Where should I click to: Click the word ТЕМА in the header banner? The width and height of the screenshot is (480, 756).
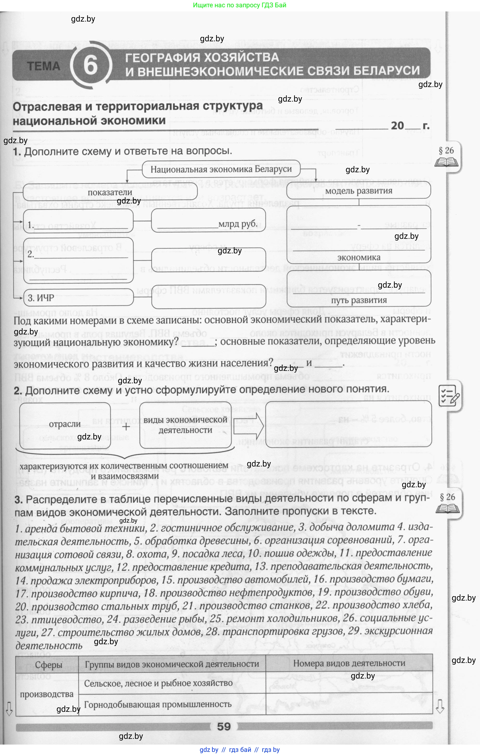click(44, 66)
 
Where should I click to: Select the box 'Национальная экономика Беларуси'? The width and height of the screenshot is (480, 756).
click(221, 169)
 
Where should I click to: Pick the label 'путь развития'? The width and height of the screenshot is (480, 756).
click(359, 300)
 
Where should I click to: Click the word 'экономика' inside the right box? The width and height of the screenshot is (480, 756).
click(359, 258)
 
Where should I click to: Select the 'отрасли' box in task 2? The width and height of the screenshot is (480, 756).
click(65, 424)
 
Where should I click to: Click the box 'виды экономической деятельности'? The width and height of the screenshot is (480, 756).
click(185, 425)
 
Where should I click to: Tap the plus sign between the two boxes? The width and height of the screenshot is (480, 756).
click(126, 427)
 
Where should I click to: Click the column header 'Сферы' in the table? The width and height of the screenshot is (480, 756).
click(48, 665)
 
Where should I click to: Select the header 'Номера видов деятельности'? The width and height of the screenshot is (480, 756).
click(349, 663)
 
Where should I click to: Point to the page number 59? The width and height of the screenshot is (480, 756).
click(224, 726)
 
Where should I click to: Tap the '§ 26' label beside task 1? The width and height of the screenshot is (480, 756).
click(446, 151)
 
